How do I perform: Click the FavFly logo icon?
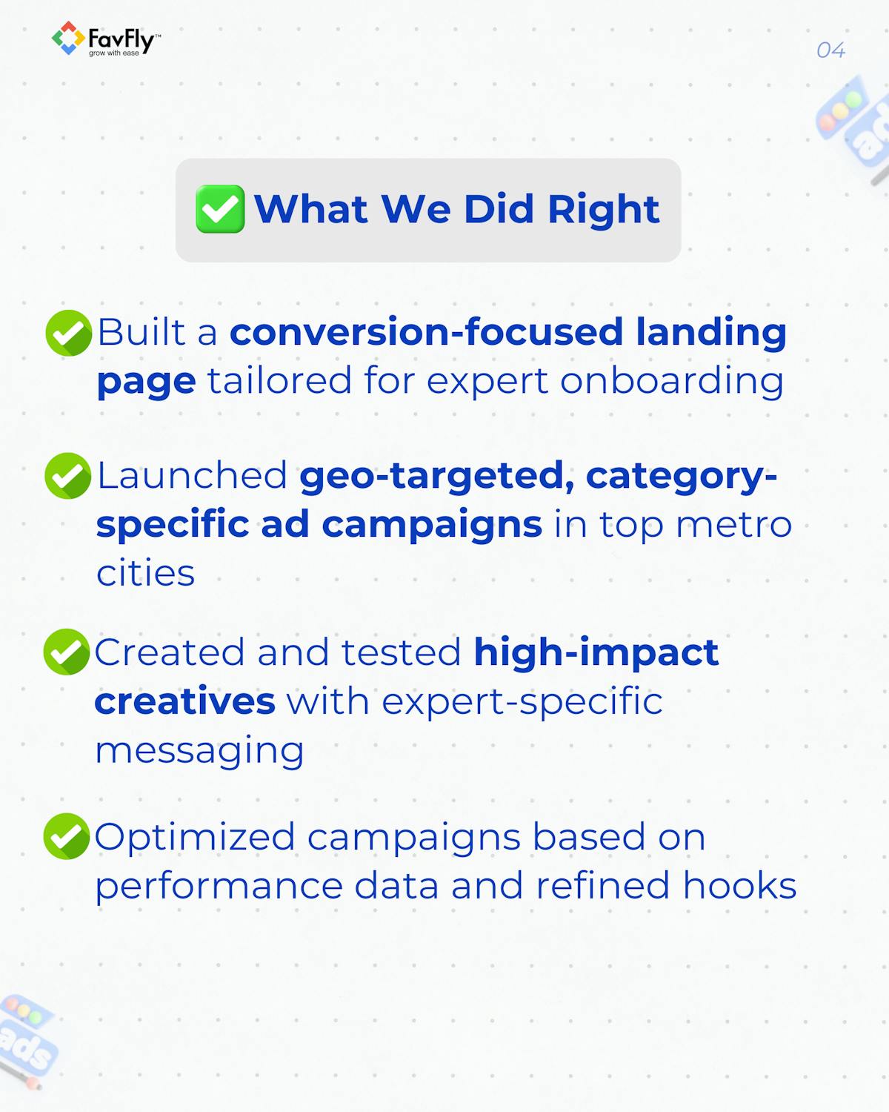tap(67, 39)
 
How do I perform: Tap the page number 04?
tap(830, 50)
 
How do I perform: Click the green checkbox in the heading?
tap(220, 209)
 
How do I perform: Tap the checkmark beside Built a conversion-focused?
tap(68, 333)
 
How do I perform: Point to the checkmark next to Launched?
tap(68, 476)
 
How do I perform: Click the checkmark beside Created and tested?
tap(67, 652)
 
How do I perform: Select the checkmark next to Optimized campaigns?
tap(67, 836)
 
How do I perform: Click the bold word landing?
tap(710, 332)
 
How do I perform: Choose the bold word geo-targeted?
tap(436, 476)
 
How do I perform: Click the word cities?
tap(145, 573)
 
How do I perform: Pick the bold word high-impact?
tap(596, 652)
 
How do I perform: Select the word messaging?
tap(199, 750)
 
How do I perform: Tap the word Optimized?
tap(195, 837)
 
